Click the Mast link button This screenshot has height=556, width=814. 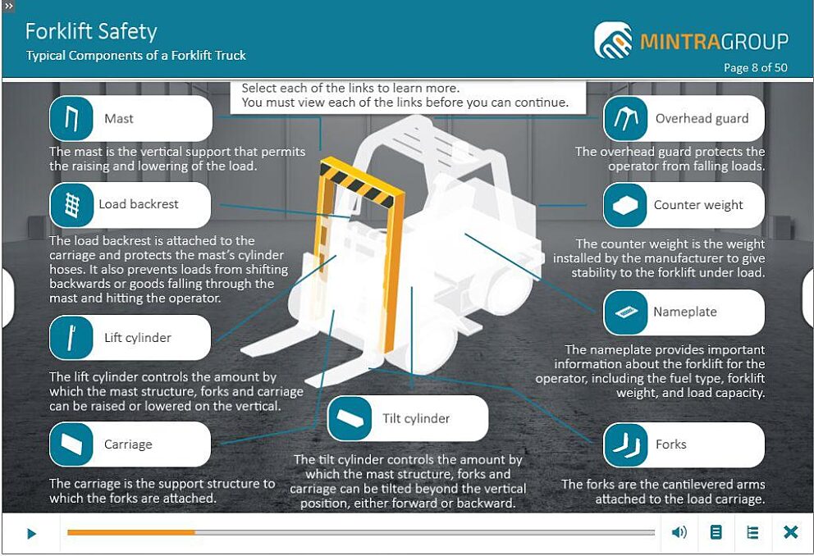[x=130, y=118]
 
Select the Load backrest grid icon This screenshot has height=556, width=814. [x=71, y=205]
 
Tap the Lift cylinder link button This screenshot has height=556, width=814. [x=130, y=338]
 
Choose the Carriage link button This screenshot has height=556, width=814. [x=130, y=444]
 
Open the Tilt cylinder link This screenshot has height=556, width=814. [x=408, y=418]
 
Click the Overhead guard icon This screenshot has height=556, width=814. [x=625, y=119]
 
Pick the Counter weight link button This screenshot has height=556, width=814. [x=684, y=205]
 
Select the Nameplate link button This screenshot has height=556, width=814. [x=684, y=312]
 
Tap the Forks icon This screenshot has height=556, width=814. [x=625, y=445]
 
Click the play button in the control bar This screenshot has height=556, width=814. [x=31, y=533]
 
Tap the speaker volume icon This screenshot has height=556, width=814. [x=679, y=532]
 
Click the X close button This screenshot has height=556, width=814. [x=791, y=532]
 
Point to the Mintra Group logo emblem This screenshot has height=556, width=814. [x=613, y=40]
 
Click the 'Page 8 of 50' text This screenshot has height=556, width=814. [x=756, y=67]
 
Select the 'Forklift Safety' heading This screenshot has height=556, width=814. [x=91, y=32]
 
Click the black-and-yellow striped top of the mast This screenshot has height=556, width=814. [x=363, y=183]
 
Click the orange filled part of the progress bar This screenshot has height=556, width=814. [x=131, y=532]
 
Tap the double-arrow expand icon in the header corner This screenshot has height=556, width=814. [x=8, y=7]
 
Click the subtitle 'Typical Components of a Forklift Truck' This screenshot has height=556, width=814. [x=136, y=56]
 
